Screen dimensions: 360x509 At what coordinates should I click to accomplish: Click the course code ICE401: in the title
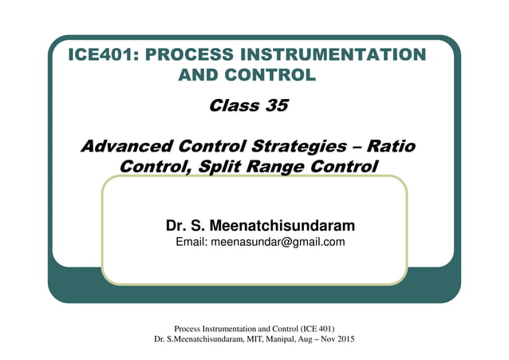click(x=104, y=55)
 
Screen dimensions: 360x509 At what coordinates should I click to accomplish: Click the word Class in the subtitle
click(x=231, y=105)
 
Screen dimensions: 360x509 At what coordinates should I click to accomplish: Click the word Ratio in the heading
click(x=390, y=147)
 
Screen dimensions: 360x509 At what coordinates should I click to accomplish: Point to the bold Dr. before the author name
click(x=176, y=226)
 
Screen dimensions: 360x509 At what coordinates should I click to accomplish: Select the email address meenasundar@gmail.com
click(x=278, y=243)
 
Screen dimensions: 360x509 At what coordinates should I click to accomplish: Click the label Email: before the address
click(x=191, y=243)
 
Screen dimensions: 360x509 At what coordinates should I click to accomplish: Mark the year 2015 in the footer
click(x=344, y=339)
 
